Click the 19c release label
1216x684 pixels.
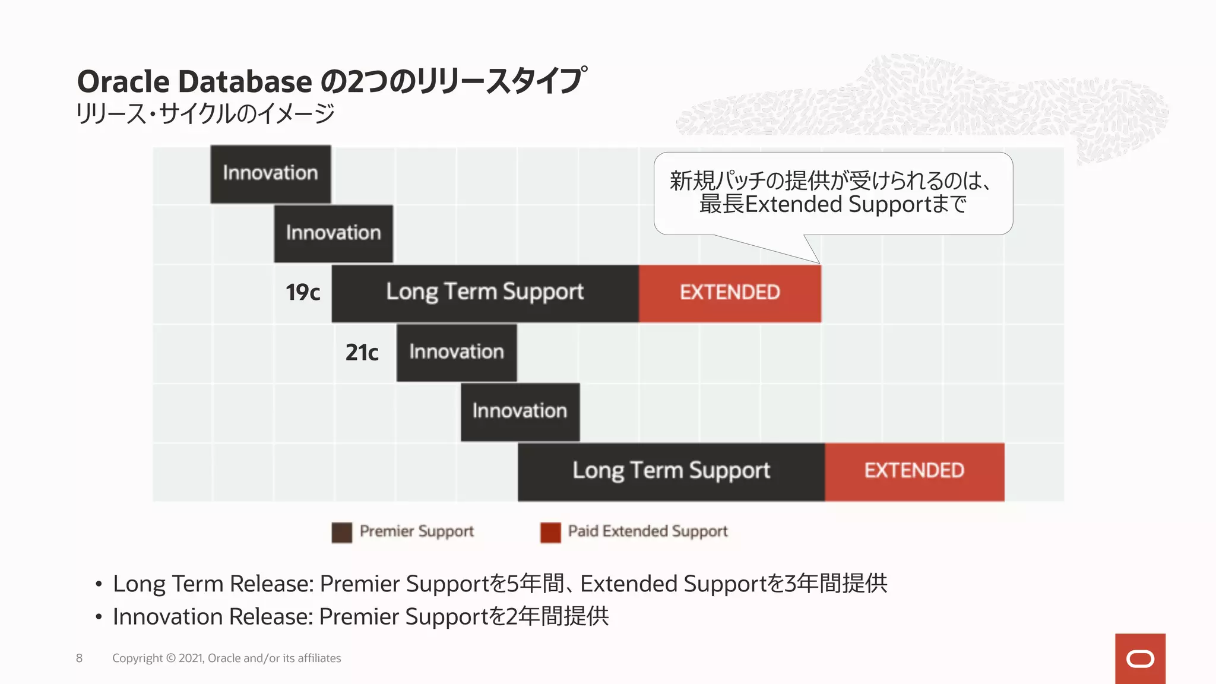pos(303,292)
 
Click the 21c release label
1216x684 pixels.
pos(362,353)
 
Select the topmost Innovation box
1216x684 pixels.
pos(271,173)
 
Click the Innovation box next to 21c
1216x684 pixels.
pos(457,352)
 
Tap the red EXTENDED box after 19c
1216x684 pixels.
pos(730,293)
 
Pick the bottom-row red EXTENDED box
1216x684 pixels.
pos(914,471)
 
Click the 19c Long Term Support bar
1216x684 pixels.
pos(484,293)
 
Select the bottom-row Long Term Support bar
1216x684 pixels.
pos(671,471)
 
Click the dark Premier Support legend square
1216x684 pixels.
pos(341,533)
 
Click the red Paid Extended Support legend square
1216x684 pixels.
pos(550,533)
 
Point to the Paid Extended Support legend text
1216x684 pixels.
pos(647,531)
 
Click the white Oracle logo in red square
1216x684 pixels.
pos(1140,659)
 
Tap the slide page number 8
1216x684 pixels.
pos(79,658)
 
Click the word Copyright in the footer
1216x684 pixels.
pos(137,658)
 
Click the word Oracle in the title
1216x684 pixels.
pos(123,81)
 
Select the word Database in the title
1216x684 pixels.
pos(245,81)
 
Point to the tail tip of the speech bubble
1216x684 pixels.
pos(819,263)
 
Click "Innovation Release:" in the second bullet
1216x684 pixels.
pos(213,616)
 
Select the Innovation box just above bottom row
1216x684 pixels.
pos(520,411)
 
